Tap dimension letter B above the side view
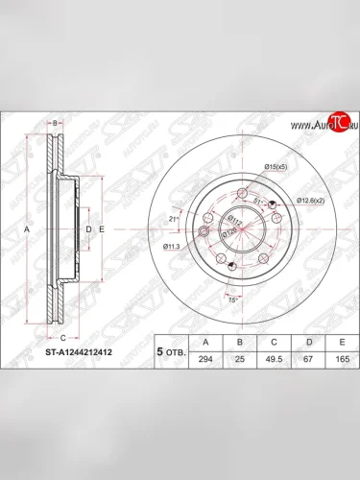tap(57, 124)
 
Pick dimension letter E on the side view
tap(101, 230)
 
